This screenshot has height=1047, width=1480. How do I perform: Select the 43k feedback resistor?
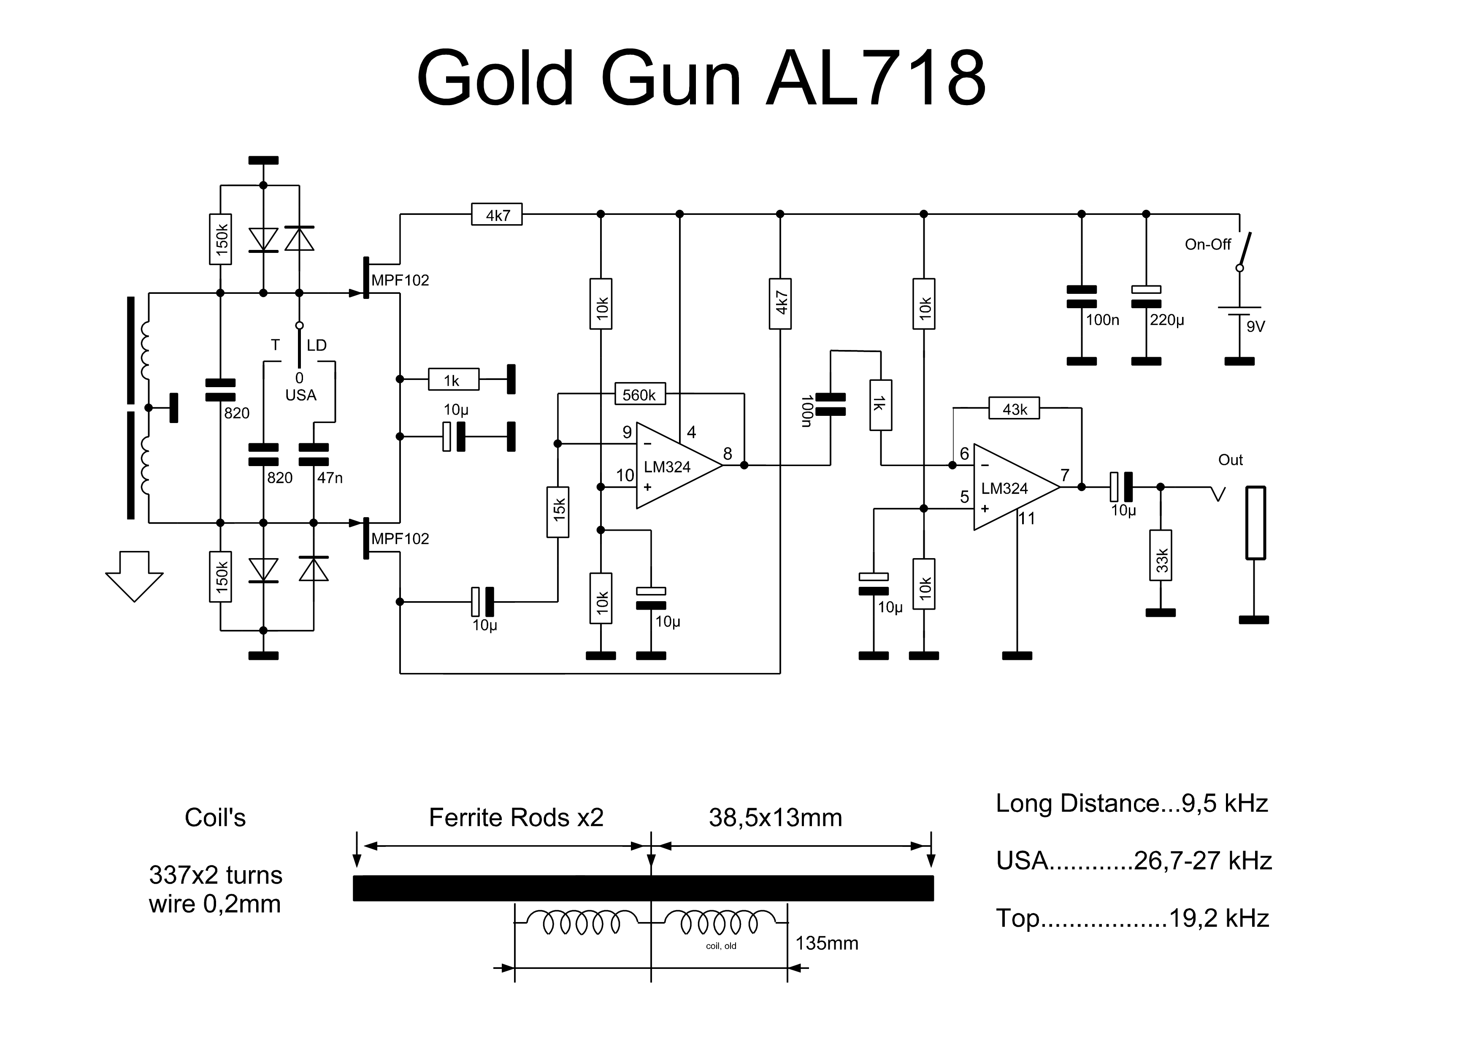1014,409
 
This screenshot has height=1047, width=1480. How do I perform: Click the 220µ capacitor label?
1167,320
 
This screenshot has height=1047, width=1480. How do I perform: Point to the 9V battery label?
1255,326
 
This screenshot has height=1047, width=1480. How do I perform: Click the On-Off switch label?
1207,244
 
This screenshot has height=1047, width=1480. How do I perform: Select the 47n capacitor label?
330,478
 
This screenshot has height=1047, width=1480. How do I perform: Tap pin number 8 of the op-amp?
727,454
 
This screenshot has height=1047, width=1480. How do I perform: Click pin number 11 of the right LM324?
1026,518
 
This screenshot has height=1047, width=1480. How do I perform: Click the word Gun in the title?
671,78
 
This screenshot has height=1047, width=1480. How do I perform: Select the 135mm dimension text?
826,943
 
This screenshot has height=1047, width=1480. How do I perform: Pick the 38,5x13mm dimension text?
776,817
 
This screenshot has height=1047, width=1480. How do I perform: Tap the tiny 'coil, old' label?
721,946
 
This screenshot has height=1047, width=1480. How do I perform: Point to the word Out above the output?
1230,460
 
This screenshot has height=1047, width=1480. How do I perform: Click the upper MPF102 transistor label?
400,280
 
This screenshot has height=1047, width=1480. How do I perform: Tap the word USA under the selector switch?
300,395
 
